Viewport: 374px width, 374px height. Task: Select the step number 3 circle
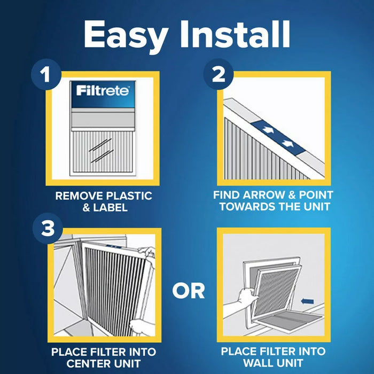click(x=47, y=230)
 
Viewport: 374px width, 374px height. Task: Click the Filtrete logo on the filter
click(x=103, y=90)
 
